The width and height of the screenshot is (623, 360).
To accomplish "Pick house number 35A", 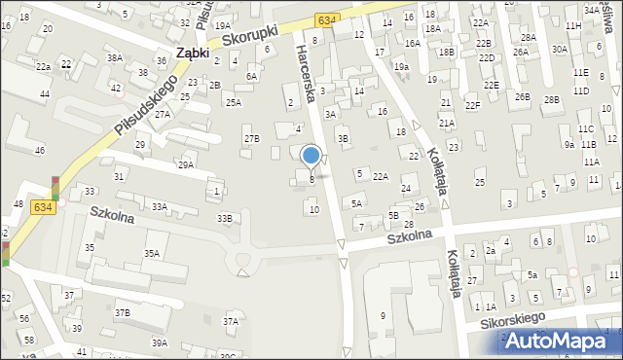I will pos(152,253).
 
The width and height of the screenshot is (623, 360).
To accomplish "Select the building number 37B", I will pos(122,312).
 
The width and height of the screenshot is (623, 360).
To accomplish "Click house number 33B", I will pos(225,219).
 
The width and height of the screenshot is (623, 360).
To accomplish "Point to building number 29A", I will pos(185,165).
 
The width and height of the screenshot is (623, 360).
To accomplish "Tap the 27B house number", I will pos(251,139).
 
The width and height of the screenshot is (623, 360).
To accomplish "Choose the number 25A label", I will pos(234,102).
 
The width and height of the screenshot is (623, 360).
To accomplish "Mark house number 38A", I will pos(115,58).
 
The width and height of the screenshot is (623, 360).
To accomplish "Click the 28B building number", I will pos(552,99).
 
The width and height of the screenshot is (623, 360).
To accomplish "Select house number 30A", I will pos(559,49).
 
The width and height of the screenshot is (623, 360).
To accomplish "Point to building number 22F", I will pos(472,105).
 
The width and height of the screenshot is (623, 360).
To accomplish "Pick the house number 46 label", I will pos(40,151).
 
